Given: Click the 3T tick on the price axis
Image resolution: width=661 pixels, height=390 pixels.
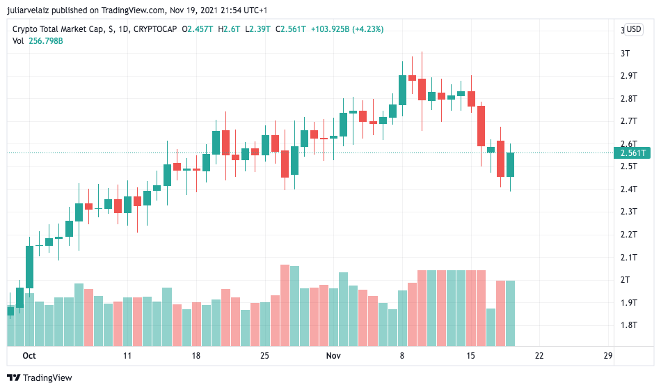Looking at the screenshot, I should tap(625, 53).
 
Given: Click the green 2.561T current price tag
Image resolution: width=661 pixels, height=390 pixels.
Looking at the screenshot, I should tap(634, 153).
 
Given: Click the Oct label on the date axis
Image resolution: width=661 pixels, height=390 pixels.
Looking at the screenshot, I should tap(29, 355).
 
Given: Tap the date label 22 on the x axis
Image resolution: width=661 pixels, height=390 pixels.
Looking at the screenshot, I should tap(539, 355).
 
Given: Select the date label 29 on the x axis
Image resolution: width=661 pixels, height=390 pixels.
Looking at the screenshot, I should tap(607, 355).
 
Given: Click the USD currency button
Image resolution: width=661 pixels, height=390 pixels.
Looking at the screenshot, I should tap(633, 29).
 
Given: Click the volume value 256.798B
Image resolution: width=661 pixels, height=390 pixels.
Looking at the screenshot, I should tap(46, 41).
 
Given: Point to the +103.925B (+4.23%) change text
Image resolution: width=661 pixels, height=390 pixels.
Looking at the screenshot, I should tap(347, 29).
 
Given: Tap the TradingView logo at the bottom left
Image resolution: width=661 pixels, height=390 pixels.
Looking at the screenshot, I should tap(40, 377).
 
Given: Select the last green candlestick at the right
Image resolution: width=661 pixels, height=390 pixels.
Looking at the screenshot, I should tap(510, 164).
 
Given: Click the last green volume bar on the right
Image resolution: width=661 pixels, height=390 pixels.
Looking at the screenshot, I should tap(510, 313).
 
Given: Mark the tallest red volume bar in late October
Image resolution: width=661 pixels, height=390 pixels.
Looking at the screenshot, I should tap(285, 305).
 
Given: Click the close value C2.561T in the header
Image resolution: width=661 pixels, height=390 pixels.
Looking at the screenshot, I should tap(290, 29).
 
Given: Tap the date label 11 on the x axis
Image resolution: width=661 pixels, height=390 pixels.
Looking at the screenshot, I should tap(127, 355).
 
